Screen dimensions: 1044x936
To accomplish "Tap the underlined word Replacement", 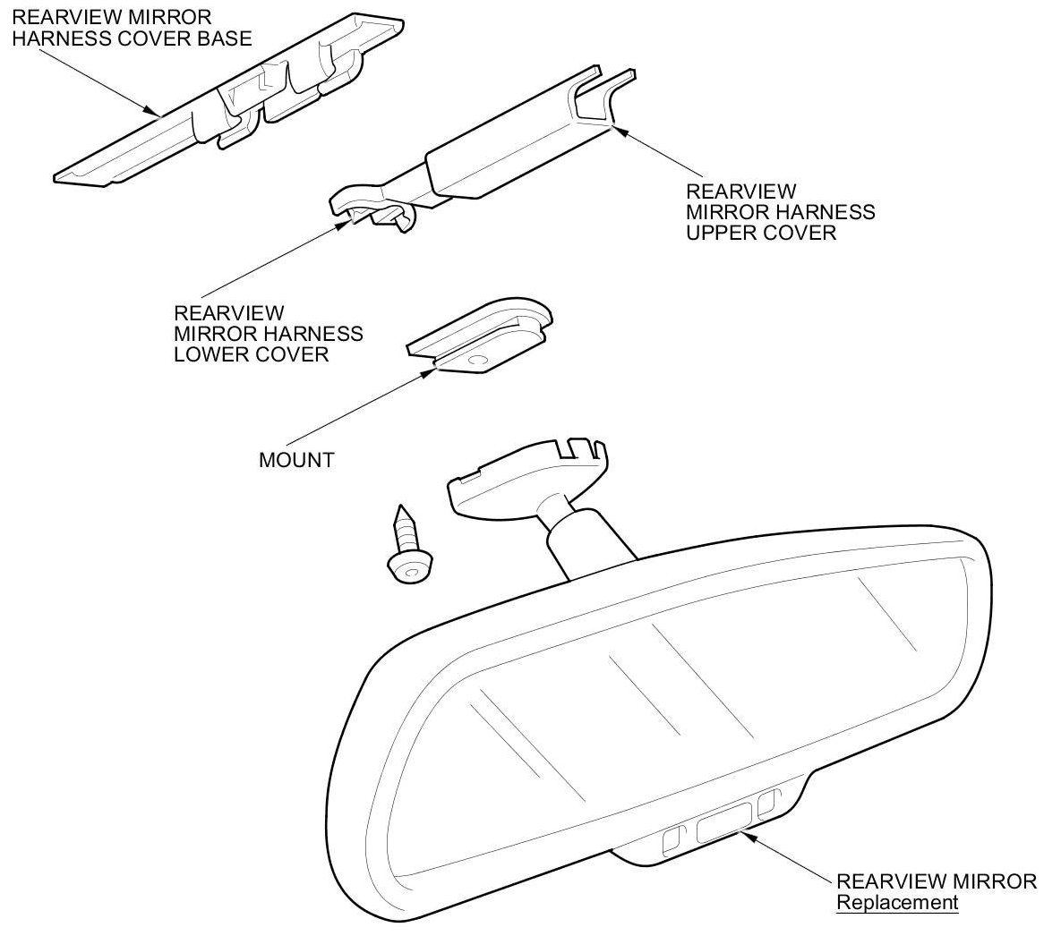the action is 896,902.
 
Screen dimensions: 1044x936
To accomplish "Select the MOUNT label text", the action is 295,461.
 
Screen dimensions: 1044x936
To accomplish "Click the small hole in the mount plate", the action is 475,360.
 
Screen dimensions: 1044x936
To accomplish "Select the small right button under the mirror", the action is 766,804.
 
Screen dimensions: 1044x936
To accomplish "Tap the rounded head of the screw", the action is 410,566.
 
